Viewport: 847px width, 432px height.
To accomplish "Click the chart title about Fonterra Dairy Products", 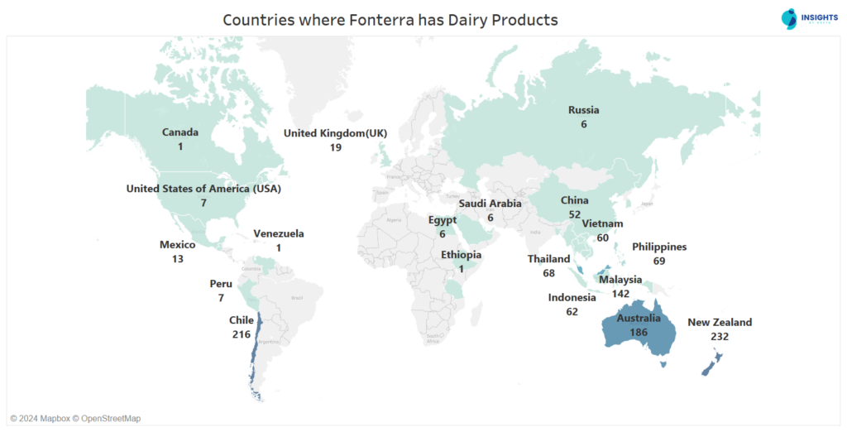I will coord(390,19).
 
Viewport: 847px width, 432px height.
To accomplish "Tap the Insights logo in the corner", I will coord(799,19).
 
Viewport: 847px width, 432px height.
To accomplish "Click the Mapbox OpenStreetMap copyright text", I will coord(75,418).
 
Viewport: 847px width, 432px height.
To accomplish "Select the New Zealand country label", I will coord(720,323).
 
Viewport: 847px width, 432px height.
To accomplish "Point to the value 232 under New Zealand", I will coord(720,337).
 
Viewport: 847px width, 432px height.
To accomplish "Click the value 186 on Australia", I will coord(638,332).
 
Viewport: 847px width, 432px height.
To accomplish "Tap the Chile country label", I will coord(242,320).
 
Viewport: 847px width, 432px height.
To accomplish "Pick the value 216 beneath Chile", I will coord(242,334).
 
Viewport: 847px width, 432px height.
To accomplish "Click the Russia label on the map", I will coord(583,110).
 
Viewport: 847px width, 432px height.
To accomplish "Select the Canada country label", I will coord(179,132).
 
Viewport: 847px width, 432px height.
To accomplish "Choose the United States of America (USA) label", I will coord(203,189).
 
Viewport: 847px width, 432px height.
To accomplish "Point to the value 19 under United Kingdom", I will coord(336,147).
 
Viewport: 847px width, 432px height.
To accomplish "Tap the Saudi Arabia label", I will coord(490,204).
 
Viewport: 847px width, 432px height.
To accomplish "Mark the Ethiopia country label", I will coord(461,255).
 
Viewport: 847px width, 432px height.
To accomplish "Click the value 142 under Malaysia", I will coord(620,294).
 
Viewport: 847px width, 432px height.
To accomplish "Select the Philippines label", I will coord(659,247).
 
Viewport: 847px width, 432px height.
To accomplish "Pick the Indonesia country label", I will coord(572,298).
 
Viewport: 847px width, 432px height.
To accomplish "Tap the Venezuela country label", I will coord(279,233).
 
